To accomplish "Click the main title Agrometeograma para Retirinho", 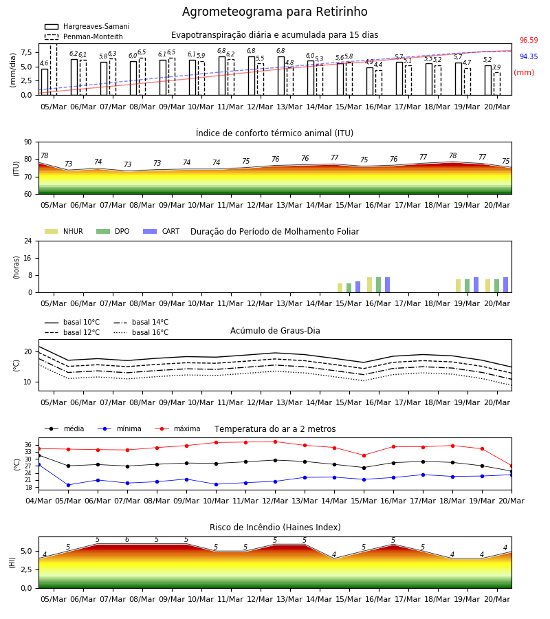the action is [274, 12].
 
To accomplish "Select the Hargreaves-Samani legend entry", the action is [87, 26].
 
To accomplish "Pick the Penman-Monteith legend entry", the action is [84, 36].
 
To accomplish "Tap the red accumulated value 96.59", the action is [529, 41].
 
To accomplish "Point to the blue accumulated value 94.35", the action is [529, 57].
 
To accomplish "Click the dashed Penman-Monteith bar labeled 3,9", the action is [497, 84].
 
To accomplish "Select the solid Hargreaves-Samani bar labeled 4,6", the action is [45, 82].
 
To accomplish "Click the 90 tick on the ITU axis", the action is [28, 142].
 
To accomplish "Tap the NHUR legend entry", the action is [64, 231].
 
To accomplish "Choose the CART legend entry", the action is [162, 231].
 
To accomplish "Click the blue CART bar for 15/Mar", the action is [358, 287].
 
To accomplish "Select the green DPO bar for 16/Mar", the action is [378, 285].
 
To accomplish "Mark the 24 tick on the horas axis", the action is [28, 241].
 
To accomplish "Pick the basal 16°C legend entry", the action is [141, 332].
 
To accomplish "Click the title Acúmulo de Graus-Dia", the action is [275, 331].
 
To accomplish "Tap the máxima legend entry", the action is [177, 428].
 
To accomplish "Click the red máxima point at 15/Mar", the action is [364, 455].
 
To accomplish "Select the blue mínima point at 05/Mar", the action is [68, 485].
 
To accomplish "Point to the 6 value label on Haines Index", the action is [127, 540].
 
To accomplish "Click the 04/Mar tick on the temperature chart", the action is [38, 501].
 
